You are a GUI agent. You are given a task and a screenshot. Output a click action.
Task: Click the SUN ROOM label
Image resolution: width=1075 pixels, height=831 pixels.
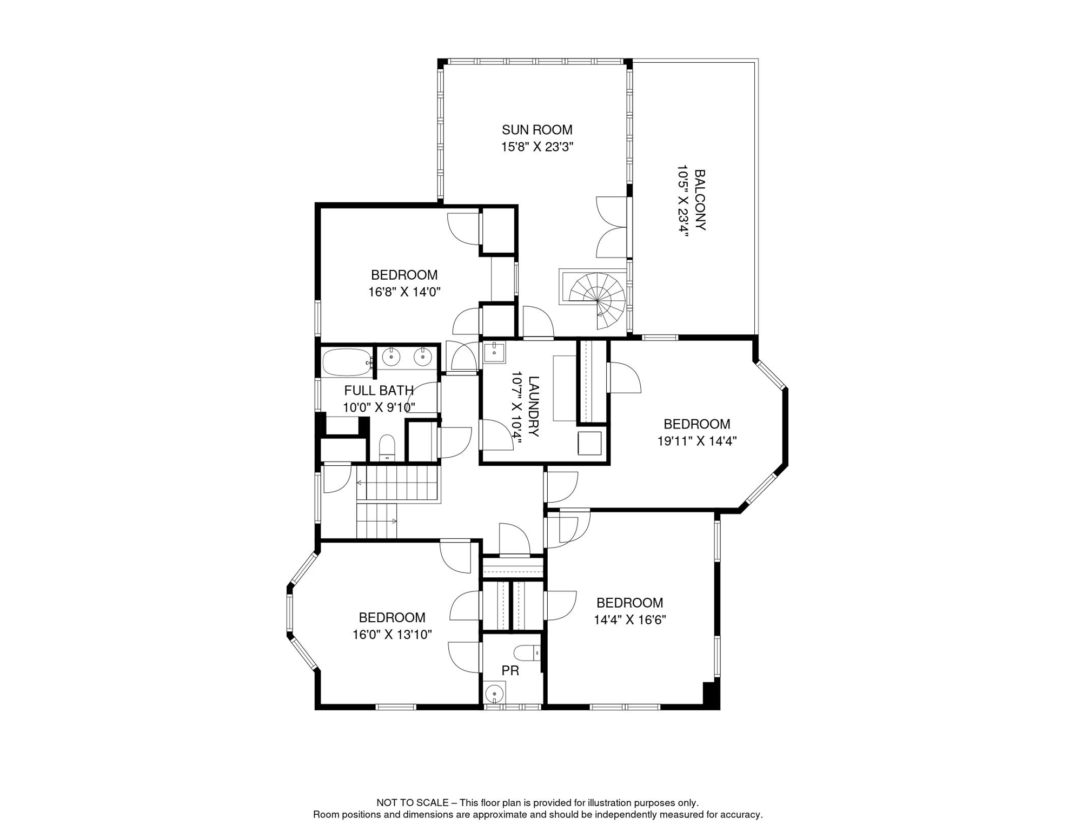point(536,130)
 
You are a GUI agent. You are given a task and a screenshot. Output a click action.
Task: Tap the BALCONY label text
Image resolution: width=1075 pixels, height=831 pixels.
point(699,200)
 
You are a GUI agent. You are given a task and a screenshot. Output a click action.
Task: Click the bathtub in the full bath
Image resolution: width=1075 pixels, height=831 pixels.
point(346,362)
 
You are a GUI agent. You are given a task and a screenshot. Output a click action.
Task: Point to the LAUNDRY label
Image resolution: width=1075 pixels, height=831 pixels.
point(533,406)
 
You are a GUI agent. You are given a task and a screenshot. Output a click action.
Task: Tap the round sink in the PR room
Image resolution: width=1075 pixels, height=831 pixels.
point(494,693)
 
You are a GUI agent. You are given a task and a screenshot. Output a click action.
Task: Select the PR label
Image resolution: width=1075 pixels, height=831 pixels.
point(510,671)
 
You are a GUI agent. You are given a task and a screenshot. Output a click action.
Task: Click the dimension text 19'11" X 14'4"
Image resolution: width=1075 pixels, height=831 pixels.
point(696,441)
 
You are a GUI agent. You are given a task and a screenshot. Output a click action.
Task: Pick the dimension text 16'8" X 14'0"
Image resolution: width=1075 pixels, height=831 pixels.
point(404,292)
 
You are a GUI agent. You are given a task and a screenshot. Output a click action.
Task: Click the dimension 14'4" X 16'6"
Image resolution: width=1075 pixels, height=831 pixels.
point(629,620)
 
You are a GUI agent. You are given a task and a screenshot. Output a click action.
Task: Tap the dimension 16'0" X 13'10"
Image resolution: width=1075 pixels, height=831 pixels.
point(391,635)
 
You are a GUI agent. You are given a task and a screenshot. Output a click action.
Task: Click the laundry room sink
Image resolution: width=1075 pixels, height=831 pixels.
point(494,352)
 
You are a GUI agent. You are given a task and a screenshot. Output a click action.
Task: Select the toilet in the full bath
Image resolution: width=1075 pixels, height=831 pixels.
point(387,447)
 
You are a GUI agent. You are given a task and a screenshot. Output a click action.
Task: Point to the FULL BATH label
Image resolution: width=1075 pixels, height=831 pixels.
point(379,390)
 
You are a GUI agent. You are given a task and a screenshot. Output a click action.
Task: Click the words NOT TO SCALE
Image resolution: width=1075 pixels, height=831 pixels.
point(412,803)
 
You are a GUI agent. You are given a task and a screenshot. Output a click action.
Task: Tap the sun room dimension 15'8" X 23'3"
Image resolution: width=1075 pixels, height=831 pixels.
point(536,147)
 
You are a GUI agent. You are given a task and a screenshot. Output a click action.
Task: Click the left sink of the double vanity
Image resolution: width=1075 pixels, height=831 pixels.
point(391,357)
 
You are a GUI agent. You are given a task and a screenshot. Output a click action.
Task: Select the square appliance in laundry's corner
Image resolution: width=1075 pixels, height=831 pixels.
point(589,443)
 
